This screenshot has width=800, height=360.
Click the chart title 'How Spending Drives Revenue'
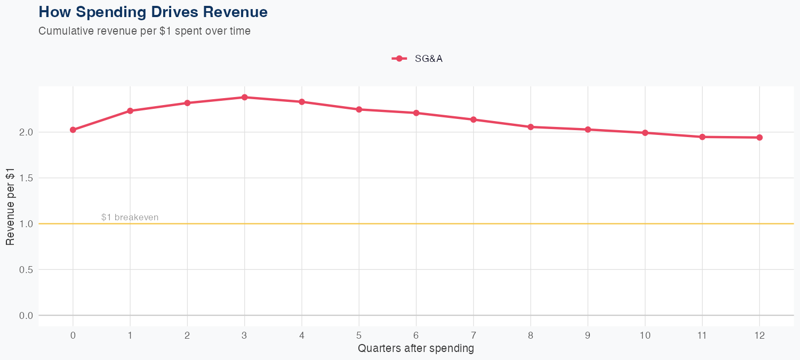[153, 12]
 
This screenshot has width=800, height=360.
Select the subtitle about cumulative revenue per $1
[145, 31]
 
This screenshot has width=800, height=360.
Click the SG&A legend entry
[418, 59]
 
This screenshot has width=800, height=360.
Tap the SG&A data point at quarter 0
[73, 130]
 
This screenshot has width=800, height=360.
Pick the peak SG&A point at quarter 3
[245, 97]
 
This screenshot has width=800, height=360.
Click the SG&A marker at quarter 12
[759, 138]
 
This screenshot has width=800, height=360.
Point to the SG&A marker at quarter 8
[531, 127]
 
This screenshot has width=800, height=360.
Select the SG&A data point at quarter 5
[359, 109]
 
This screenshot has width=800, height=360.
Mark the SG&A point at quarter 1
[130, 111]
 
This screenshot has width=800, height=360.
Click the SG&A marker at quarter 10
[645, 133]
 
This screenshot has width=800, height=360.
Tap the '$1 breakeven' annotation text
[130, 218]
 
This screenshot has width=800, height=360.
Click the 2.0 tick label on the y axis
[26, 132]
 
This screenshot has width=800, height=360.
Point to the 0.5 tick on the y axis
[26, 270]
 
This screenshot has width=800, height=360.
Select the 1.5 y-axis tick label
[26, 178]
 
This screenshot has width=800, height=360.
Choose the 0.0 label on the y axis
[26, 316]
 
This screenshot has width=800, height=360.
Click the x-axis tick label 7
[474, 335]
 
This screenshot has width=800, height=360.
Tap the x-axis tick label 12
[759, 335]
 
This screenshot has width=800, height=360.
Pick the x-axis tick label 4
[302, 335]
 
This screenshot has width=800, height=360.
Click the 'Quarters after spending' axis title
[416, 349]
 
